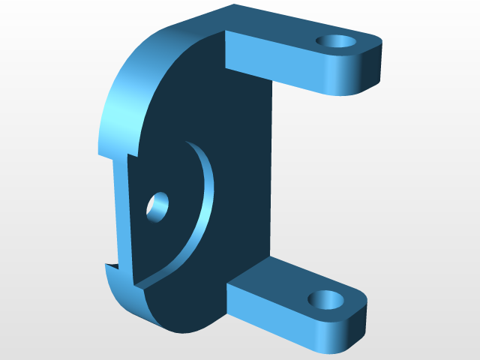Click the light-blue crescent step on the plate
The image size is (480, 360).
point(203,210)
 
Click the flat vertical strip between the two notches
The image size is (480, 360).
point(120,210)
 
